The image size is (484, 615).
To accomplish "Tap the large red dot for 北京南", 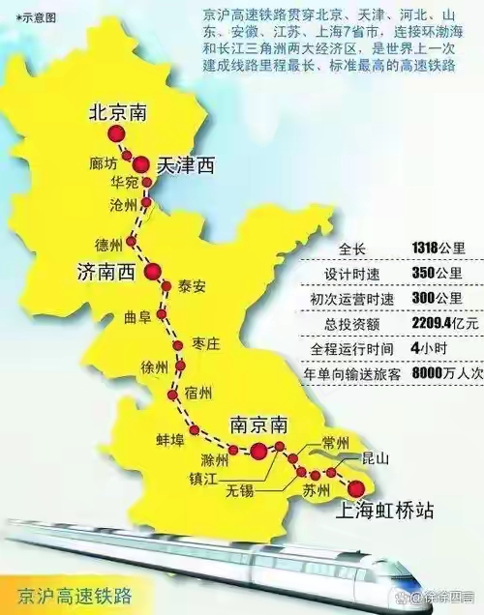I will [x=117, y=134].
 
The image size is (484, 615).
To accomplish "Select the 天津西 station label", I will [x=184, y=167].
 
